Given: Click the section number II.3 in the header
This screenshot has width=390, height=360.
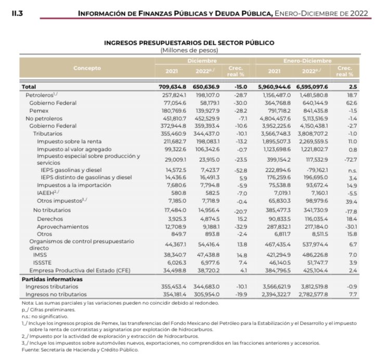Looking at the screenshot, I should pyautogui.click(x=17, y=13).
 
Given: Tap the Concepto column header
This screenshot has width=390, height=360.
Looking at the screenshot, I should pyautogui.click(x=87, y=68).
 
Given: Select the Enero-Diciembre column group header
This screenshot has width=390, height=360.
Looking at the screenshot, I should pyautogui.click(x=307, y=61).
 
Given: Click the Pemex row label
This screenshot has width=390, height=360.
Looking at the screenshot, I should pyautogui.click(x=39, y=111).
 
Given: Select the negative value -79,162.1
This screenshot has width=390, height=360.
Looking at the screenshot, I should pyautogui.click(x=313, y=170).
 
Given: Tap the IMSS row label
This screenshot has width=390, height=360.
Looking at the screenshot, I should pyautogui.click(x=40, y=255).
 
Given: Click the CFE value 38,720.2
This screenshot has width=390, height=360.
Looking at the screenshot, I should pyautogui.click(x=208, y=271).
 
